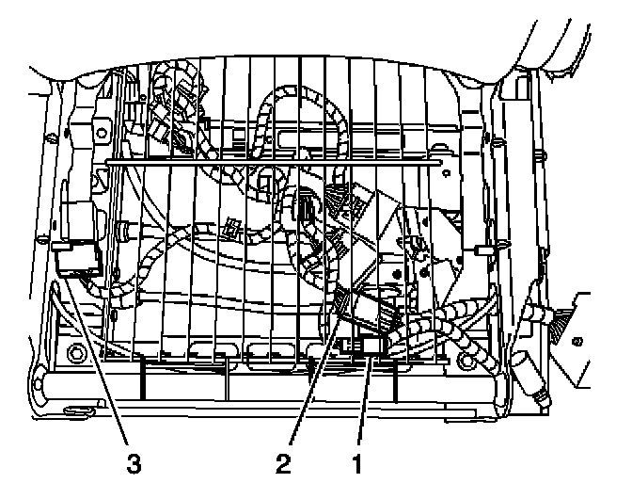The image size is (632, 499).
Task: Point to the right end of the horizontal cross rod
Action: [x=442, y=162]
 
